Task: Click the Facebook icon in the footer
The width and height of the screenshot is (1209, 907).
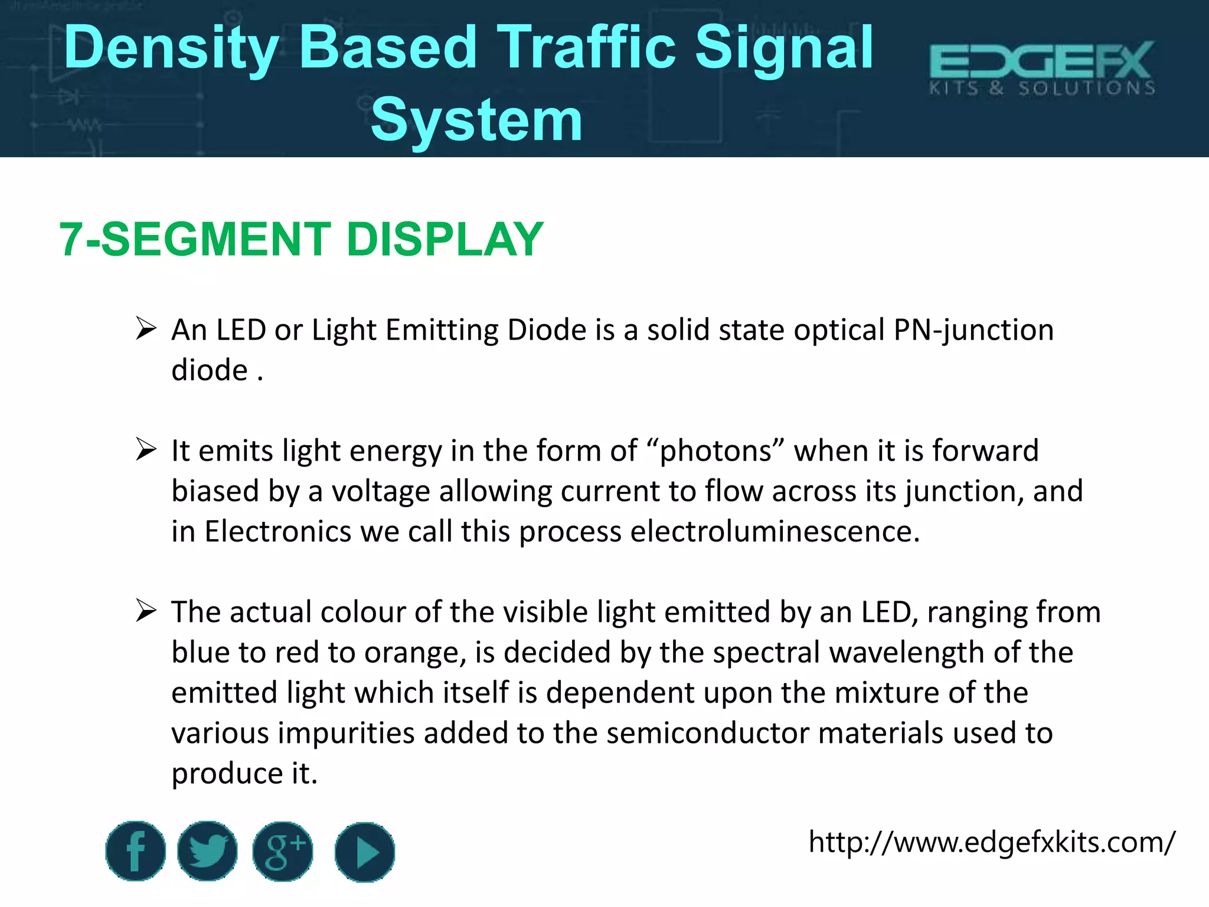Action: point(135,851)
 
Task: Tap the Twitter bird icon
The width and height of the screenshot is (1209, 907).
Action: point(207,851)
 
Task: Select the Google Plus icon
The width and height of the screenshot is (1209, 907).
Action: point(283,851)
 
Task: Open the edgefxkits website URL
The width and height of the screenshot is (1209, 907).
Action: point(992,842)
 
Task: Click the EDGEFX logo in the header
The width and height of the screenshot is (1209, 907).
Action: point(1042,68)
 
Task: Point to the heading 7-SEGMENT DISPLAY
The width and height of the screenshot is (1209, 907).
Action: point(301,239)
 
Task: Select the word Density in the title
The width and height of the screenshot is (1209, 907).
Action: point(171,48)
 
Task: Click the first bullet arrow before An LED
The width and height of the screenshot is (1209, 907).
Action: point(145,328)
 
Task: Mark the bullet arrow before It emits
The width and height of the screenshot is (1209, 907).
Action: point(145,449)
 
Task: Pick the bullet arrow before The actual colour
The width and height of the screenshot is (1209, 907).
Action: point(145,611)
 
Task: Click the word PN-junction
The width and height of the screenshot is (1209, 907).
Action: point(973,330)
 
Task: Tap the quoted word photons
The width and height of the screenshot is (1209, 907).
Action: point(715,451)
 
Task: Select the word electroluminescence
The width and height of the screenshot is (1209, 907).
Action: point(775,531)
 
